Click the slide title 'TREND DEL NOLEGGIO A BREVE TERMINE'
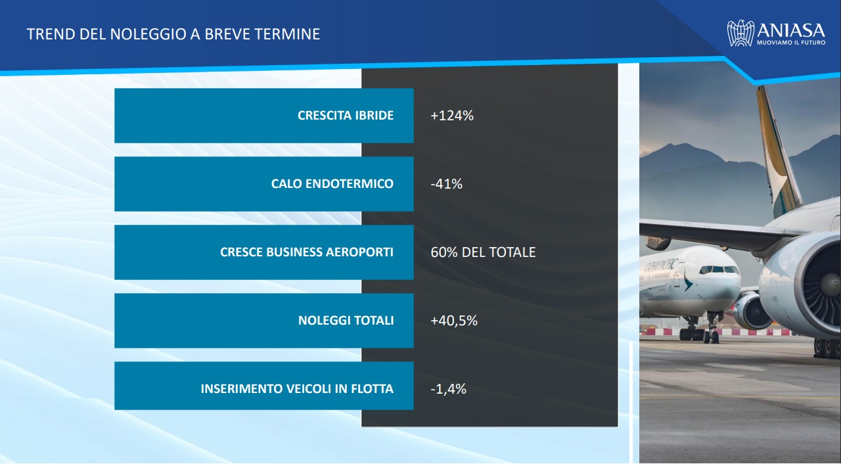[173, 34]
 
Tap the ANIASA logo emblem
[740, 34]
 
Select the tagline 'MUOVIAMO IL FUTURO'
[791, 43]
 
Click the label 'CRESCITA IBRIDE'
[346, 115]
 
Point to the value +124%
[452, 116]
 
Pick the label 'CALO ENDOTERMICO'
[332, 183]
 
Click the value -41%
[446, 184]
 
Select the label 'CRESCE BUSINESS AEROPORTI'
[307, 252]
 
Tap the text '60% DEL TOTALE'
[483, 252]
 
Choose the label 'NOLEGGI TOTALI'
[346, 320]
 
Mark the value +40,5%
[454, 321]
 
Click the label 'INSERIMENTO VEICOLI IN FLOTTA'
[297, 388]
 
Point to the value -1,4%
[448, 389]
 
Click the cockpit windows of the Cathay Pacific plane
[718, 269]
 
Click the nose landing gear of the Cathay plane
[711, 329]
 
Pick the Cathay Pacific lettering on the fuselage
[661, 266]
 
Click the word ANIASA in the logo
[791, 30]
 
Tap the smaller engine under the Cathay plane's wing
[752, 312]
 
